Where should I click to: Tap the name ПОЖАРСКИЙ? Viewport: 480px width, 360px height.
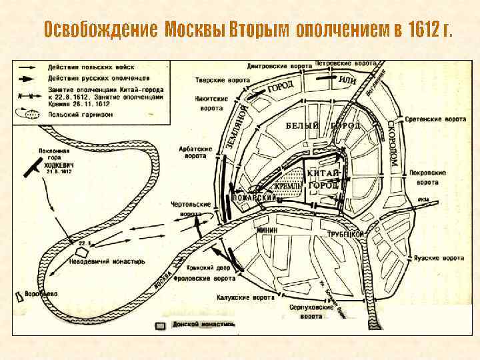(x=254, y=198)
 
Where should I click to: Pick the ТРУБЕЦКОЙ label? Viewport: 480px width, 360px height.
(x=345, y=235)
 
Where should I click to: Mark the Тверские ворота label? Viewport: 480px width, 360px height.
(x=214, y=79)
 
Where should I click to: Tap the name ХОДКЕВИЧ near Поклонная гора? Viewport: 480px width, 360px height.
(x=61, y=165)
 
